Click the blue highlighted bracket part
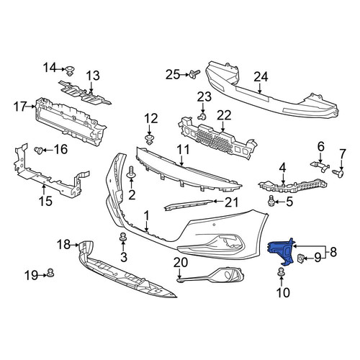coord(281,251)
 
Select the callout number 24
coord(261,77)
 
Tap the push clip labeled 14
coord(70,71)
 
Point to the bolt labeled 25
coord(194,73)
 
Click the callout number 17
coord(20,107)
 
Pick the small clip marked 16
coord(38,150)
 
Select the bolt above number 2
coord(131,173)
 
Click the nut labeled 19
coord(50,273)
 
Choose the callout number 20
coord(181,262)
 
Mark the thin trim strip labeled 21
coord(189,205)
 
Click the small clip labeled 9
coord(301,258)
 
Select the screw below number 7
coord(338,174)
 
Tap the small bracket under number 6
coord(320,166)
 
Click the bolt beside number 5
coord(271,200)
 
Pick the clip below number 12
coord(150,140)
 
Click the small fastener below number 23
coord(202,117)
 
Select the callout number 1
coord(147,216)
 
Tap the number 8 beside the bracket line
coord(333,252)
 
